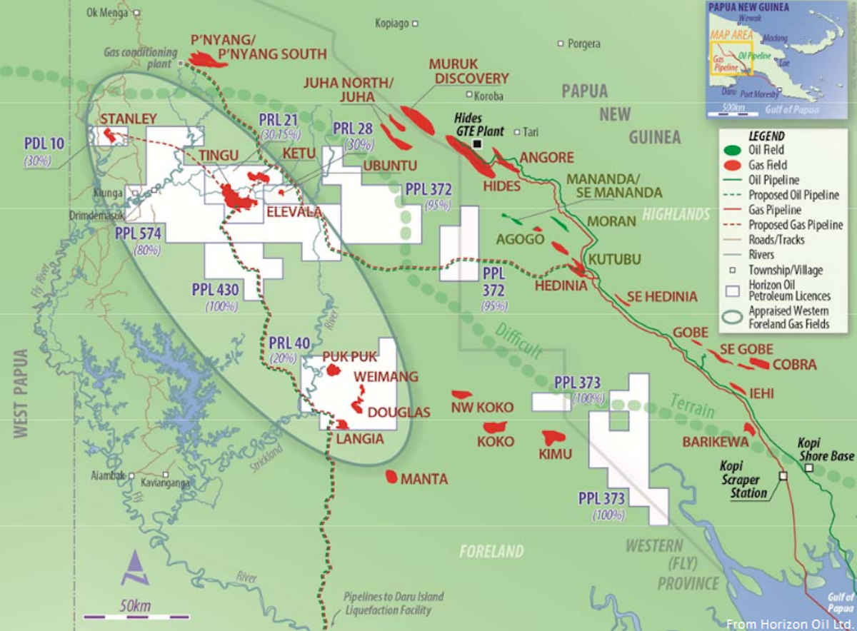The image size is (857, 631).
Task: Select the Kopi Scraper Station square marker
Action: [x=783, y=475]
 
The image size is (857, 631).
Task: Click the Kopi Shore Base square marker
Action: [x=808, y=468]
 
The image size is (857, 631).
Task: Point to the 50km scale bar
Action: [x=136, y=615]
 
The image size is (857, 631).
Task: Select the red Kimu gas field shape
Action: [x=553, y=437]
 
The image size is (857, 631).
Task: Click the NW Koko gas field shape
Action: [x=462, y=394]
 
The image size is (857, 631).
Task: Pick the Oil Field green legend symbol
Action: [x=733, y=151]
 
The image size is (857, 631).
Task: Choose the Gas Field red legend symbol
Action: [x=733, y=166]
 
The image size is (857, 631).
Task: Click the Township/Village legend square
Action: [x=733, y=271]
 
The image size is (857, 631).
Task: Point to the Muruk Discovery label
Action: [x=468, y=71]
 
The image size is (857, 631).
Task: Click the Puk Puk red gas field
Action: [x=334, y=370]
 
